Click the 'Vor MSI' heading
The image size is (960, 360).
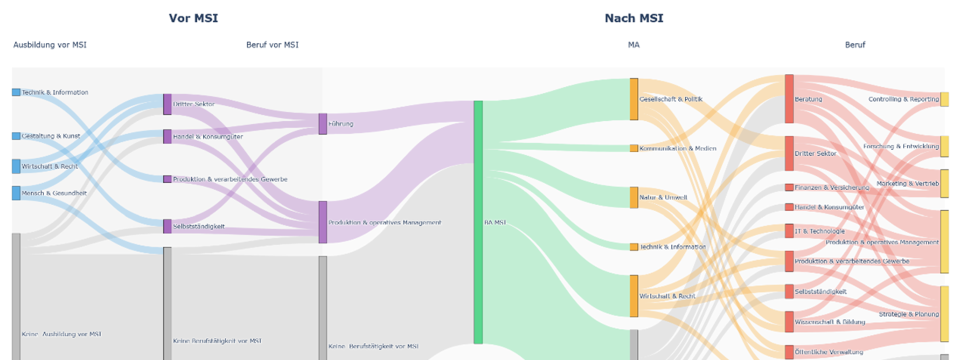193,18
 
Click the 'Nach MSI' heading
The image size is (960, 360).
633,18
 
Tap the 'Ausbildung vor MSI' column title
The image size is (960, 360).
49,44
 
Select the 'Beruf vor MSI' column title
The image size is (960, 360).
272,44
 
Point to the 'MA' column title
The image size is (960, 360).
633,44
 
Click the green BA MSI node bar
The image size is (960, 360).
478,222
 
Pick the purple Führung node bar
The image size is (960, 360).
322,123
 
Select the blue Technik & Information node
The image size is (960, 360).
16,92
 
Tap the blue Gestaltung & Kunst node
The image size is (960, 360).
16,136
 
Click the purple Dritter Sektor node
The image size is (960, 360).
167,104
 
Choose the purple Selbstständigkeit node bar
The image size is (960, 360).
167,226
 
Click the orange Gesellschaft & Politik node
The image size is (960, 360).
633,99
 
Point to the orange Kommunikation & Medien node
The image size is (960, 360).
633,148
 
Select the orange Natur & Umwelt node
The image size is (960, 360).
633,197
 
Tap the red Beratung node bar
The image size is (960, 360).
789,98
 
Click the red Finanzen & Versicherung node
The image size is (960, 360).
789,187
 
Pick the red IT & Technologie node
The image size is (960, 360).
789,230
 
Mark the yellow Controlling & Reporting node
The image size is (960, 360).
944,99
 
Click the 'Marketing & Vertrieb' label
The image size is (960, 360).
907,183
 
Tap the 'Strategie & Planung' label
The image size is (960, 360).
908,314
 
